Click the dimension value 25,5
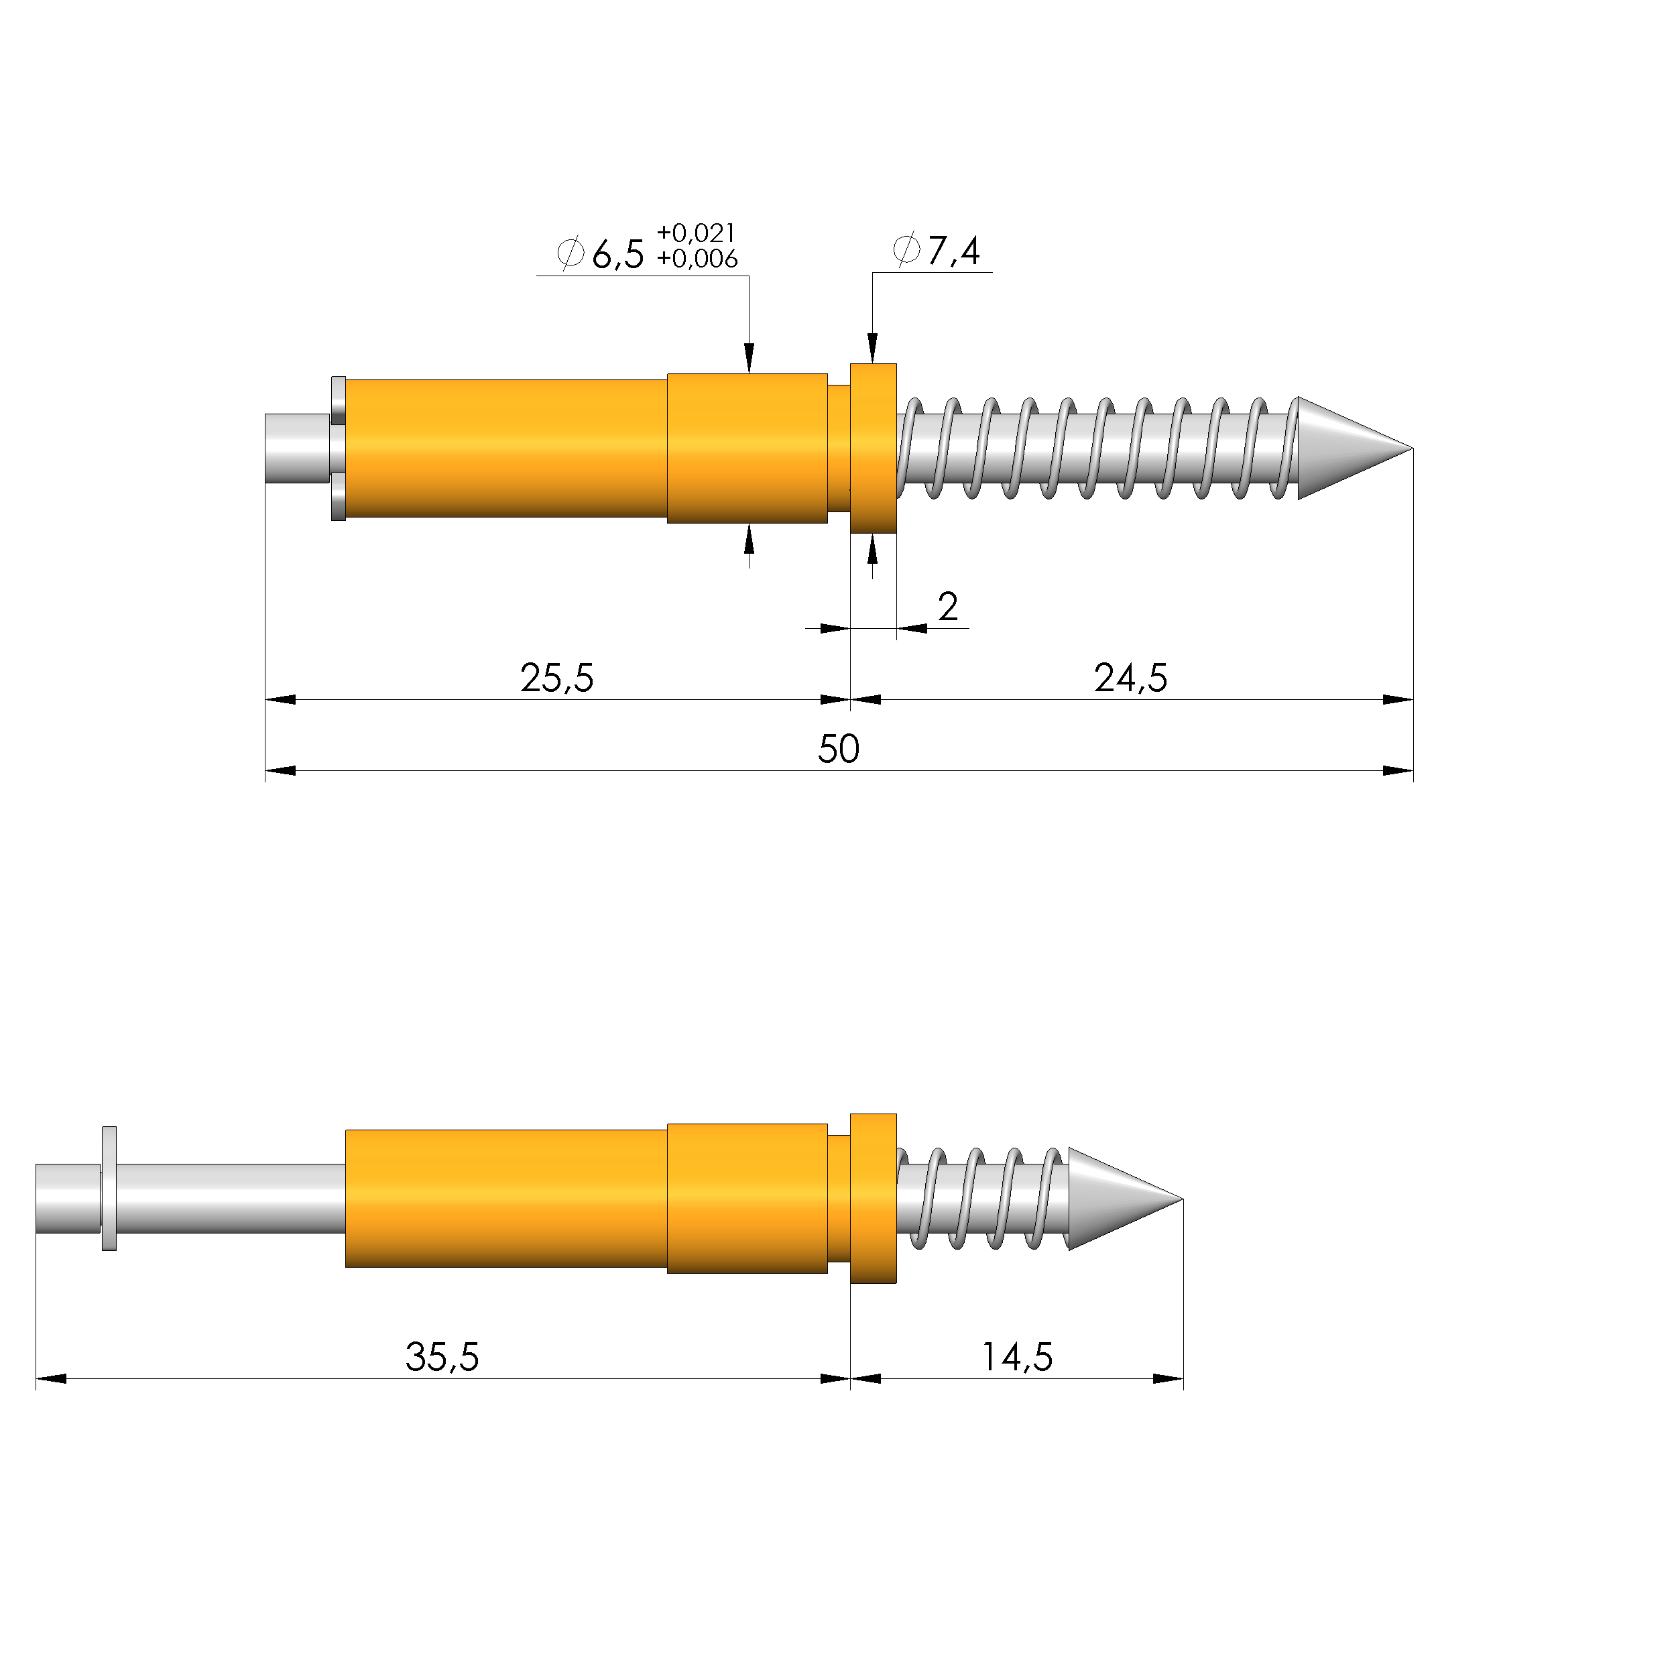(x=556, y=678)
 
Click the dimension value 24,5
(x=1130, y=678)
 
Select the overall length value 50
(x=838, y=750)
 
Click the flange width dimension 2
(x=947, y=606)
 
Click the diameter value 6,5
(x=617, y=255)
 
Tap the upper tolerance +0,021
(x=697, y=233)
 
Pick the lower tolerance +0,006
(x=697, y=259)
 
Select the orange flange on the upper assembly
(x=873, y=448)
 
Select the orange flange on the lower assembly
(x=873, y=1199)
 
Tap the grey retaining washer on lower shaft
(x=109, y=1188)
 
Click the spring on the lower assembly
(x=981, y=1199)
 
